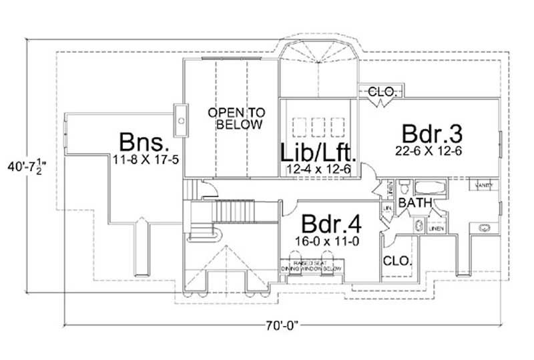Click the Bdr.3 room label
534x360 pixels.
(431, 132)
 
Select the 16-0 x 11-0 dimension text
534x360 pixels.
(330, 241)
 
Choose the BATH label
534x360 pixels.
(413, 200)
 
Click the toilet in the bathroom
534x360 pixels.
(405, 186)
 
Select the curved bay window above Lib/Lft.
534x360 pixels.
(318, 67)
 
